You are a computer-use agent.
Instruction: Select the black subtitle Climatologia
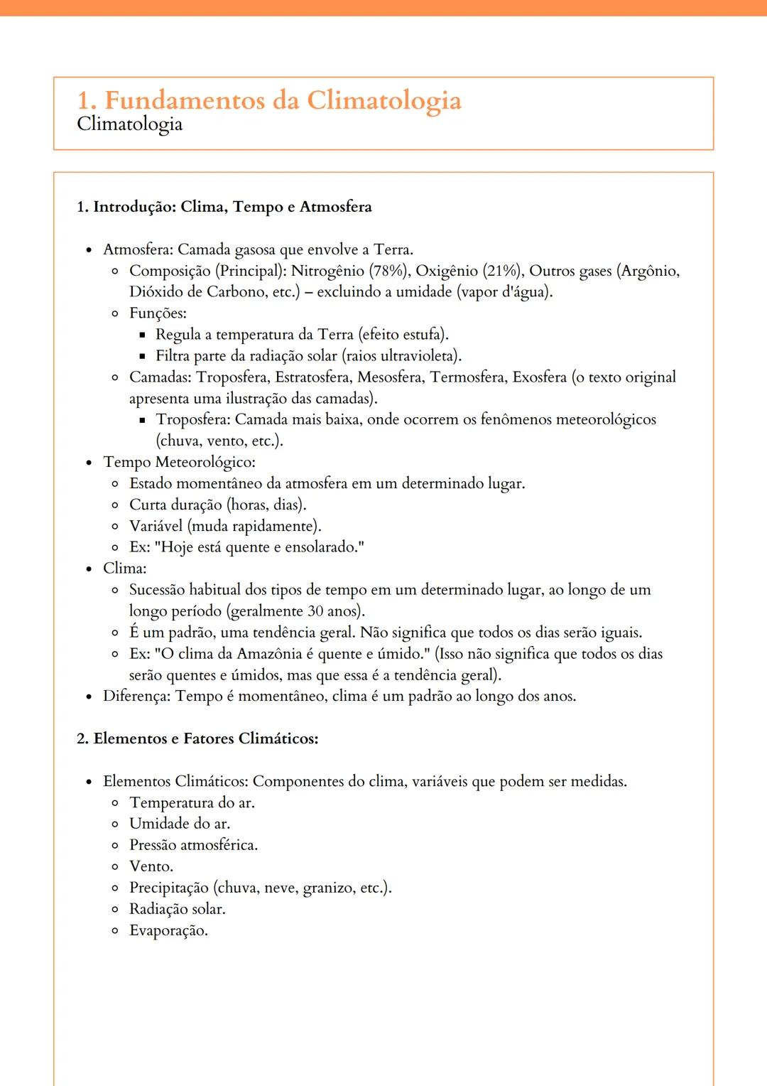129,124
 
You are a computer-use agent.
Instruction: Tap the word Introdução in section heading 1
134,207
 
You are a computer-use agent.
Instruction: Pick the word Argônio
650,271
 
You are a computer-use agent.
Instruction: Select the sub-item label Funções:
158,313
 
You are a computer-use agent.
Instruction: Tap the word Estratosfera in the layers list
312,377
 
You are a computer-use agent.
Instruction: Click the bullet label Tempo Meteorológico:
179,462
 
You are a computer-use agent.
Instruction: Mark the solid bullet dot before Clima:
89,569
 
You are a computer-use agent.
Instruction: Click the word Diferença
136,696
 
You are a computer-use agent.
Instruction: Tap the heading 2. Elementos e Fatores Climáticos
197,738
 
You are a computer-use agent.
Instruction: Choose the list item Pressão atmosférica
193,845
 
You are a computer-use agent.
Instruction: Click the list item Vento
151,866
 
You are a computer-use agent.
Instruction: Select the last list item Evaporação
168,930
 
